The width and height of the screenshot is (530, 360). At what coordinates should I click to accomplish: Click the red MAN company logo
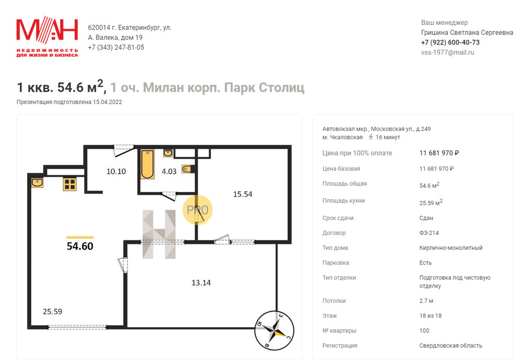(47, 37)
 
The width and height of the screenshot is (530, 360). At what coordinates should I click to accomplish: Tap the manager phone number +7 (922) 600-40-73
(450, 42)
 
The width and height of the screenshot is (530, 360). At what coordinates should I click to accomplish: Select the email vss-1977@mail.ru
(447, 52)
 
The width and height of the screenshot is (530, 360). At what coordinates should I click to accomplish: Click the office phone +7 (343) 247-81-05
(116, 47)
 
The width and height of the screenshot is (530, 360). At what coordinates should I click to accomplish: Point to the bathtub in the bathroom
(147, 164)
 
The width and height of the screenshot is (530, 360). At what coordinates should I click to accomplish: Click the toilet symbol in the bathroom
(187, 169)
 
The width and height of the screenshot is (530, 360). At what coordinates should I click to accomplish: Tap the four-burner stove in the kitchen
(69, 184)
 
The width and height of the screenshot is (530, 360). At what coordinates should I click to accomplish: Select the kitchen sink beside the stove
(37, 183)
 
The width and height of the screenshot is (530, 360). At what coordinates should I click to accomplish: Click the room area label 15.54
(243, 194)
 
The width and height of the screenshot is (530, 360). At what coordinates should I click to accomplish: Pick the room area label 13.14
(201, 283)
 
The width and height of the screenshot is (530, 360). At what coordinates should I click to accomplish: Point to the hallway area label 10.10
(116, 171)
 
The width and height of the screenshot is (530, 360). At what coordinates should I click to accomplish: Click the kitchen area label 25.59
(52, 311)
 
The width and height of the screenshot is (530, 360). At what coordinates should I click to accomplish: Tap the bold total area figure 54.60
(80, 246)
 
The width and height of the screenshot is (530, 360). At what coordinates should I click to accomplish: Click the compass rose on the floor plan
(274, 330)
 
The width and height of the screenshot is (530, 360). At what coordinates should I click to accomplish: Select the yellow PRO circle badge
(198, 210)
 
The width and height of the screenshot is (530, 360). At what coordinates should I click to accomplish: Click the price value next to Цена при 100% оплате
(439, 153)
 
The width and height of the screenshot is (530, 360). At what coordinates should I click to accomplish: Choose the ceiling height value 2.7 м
(426, 301)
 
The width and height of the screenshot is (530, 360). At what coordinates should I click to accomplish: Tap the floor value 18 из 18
(430, 315)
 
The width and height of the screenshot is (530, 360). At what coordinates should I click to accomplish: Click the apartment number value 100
(424, 330)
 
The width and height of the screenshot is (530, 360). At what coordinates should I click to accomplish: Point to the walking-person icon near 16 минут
(371, 137)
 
